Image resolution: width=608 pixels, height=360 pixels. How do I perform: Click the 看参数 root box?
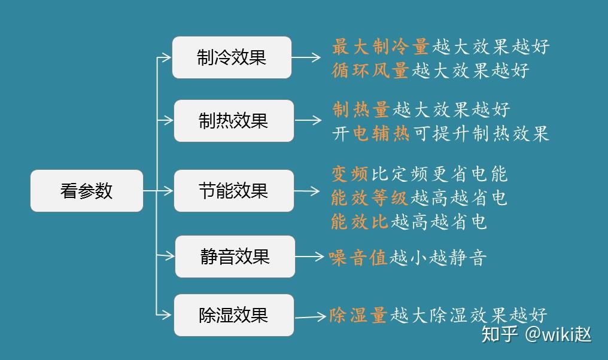(x=87, y=191)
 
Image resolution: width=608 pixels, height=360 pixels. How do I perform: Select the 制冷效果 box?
(x=232, y=57)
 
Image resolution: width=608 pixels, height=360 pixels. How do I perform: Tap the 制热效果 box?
(x=234, y=121)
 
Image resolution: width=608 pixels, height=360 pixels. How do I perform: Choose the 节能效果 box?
(x=234, y=191)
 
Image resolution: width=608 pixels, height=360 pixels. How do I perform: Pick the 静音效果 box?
(x=235, y=257)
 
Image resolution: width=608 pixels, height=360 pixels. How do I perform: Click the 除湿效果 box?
(x=234, y=315)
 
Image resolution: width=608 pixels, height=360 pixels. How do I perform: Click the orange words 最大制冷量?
(x=381, y=46)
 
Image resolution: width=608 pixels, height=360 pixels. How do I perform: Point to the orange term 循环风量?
(x=370, y=71)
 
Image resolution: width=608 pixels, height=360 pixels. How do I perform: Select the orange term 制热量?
(x=361, y=109)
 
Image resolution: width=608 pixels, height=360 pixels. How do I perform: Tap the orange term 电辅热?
(x=381, y=133)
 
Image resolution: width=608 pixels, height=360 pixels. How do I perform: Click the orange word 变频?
(x=350, y=174)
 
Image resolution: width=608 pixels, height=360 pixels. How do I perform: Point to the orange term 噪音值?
(x=358, y=258)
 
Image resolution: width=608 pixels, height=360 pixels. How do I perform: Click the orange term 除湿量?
(x=358, y=315)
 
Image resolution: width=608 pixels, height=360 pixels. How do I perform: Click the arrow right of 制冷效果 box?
(x=306, y=58)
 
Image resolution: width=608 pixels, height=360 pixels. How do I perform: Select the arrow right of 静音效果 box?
(x=309, y=257)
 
